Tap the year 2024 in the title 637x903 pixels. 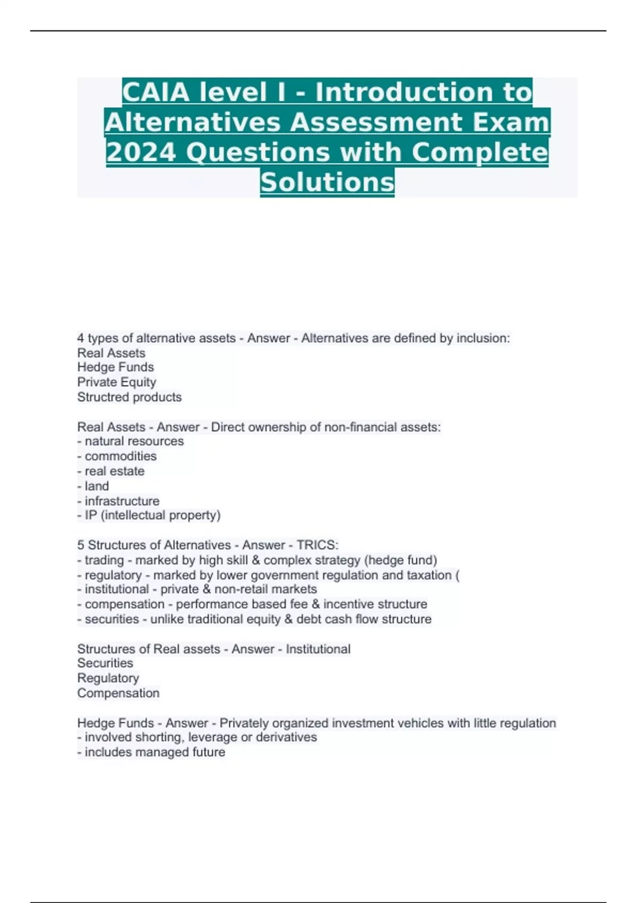[x=141, y=152]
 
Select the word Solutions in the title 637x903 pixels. [x=327, y=182]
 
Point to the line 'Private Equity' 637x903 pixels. [x=117, y=382]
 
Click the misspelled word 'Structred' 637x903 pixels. [x=101, y=397]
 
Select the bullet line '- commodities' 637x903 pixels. [x=117, y=456]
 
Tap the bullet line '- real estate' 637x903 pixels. [x=111, y=471]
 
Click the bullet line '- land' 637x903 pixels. [x=93, y=486]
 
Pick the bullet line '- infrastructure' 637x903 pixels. [x=118, y=501]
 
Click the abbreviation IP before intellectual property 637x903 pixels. [x=91, y=515]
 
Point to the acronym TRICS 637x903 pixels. [x=316, y=545]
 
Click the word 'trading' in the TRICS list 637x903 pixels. [x=104, y=560]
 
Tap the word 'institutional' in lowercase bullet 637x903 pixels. [x=117, y=589]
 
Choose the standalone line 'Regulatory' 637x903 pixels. [x=108, y=678]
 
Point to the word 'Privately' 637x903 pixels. [x=245, y=723]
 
